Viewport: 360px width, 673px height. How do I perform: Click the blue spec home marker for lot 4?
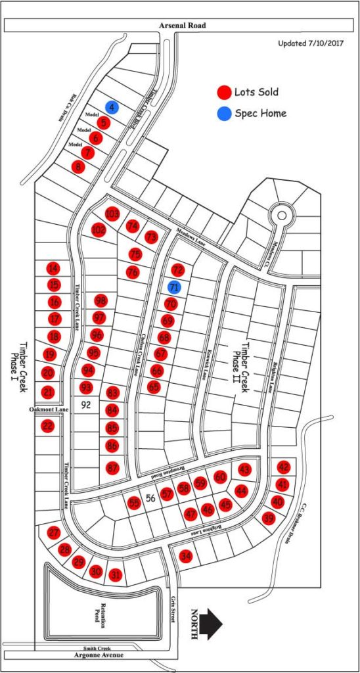point(112,107)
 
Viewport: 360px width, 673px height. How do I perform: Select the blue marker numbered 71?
point(174,287)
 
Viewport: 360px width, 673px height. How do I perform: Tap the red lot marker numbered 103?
point(112,214)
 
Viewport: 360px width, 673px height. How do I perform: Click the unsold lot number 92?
point(85,405)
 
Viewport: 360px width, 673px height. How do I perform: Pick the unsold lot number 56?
point(150,498)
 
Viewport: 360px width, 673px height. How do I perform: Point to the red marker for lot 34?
point(186,556)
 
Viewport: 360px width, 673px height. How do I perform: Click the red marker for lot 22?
point(48,426)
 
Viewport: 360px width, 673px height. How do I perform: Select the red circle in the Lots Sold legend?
point(225,92)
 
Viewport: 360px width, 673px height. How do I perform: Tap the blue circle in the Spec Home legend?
point(225,114)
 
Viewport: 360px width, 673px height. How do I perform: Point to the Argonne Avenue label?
point(91,656)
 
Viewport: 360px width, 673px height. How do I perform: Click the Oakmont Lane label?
point(49,410)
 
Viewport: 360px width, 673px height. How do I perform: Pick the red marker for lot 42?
point(284,467)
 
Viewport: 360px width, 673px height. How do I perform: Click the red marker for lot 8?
point(79,167)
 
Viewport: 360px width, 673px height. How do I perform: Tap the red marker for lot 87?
point(112,468)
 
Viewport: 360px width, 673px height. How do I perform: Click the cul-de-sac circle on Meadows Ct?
point(283,214)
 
